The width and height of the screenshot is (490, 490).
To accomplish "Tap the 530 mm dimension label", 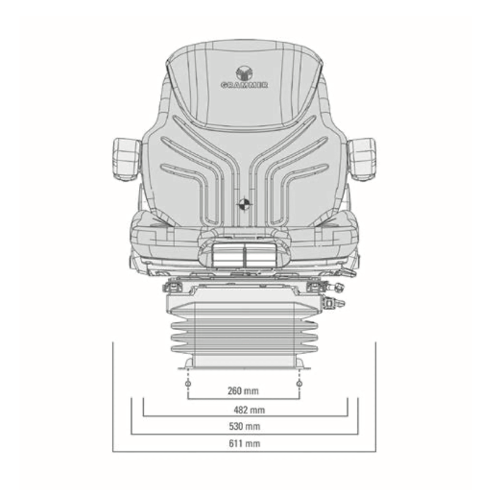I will [244, 426].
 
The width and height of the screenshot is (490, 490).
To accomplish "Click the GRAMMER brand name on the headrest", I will [244, 85].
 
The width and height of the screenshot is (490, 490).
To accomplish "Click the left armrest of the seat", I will [126, 158].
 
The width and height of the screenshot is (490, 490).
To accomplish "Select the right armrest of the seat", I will [362, 158].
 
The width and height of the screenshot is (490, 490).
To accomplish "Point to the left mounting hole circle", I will [188, 384].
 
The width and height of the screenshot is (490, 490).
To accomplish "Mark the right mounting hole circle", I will [299, 384].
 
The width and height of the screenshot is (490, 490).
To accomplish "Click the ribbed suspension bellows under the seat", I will [243, 334].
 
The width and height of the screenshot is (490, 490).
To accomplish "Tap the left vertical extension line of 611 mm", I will [113, 398].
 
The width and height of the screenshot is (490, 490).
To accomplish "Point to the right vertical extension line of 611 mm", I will [375, 398].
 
